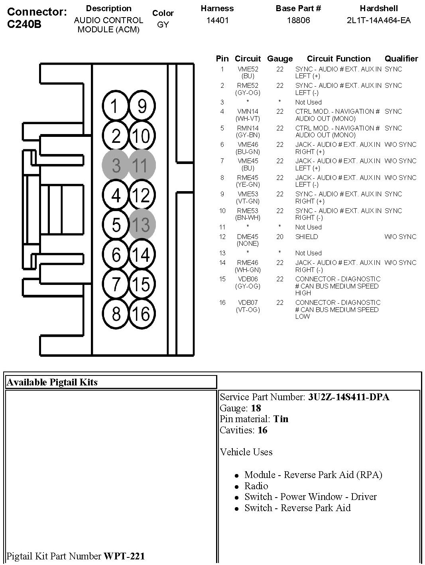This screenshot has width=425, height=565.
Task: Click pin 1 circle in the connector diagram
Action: point(115,106)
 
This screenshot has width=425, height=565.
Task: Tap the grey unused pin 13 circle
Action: point(141,225)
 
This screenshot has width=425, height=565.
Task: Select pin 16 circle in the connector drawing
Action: point(141,314)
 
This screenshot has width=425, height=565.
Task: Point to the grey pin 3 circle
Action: point(116,165)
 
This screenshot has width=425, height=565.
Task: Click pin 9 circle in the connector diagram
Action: point(142,106)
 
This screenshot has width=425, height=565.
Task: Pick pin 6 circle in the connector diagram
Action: point(116,254)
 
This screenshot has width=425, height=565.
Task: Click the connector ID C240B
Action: point(24,24)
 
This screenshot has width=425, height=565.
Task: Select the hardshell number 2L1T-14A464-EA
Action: point(378,20)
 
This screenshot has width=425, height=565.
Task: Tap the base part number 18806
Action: point(298,20)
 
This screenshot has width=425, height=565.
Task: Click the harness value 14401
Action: point(217,20)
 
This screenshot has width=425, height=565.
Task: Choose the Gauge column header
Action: point(280,59)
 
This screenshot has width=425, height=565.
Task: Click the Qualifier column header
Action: point(401,59)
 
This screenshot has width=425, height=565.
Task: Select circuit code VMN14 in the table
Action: point(248,112)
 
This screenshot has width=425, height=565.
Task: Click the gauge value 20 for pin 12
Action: point(280,237)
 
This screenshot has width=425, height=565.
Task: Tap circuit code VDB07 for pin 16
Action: point(248,303)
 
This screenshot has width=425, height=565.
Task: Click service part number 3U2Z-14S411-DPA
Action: point(348,397)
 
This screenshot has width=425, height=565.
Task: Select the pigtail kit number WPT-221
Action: point(124,556)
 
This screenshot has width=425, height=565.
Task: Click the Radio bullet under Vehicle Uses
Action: point(256,486)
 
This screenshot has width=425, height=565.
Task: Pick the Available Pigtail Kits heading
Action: point(52,382)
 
